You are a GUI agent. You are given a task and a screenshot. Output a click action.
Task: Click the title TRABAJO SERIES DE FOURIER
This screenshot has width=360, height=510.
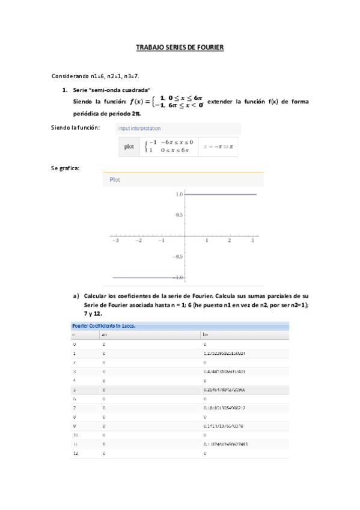[180, 46]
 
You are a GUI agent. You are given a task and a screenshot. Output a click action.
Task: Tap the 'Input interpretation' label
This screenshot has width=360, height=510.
[139, 129]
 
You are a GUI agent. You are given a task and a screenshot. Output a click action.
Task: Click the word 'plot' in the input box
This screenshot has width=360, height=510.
[129, 146]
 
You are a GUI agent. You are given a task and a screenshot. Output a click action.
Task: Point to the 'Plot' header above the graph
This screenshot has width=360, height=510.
[115, 179]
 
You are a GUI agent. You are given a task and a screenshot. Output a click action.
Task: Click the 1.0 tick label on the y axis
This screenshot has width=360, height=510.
[179, 195]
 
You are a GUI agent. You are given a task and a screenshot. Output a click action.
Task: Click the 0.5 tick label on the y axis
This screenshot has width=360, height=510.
[179, 215]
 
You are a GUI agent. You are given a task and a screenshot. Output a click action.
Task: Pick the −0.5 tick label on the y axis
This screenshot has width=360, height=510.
[177, 256]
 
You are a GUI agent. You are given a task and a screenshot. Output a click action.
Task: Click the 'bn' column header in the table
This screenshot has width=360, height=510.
[206, 334]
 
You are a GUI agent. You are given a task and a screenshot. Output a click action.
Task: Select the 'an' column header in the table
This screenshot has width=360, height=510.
[105, 334]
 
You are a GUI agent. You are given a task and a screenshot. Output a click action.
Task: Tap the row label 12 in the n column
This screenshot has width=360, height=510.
[75, 454]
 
